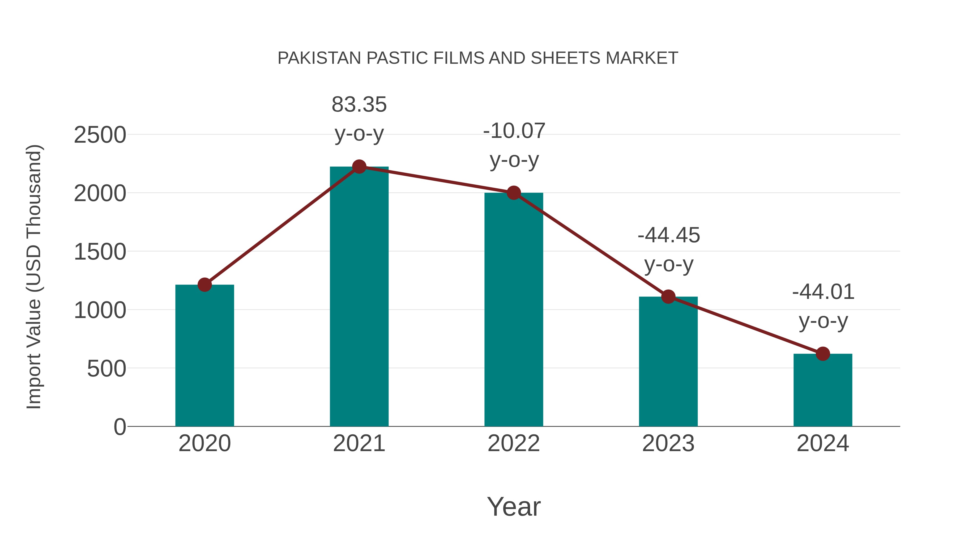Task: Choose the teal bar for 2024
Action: click(x=823, y=390)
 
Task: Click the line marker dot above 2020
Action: click(x=204, y=285)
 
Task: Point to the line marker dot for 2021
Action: click(x=359, y=167)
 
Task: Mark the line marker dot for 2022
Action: click(x=514, y=193)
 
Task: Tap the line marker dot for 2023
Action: click(x=668, y=297)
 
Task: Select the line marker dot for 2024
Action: click(x=823, y=354)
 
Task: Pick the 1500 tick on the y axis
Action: click(x=100, y=252)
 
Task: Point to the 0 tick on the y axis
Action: click(x=119, y=427)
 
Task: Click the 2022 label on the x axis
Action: click(x=514, y=443)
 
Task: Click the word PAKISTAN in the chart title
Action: click(x=319, y=58)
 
